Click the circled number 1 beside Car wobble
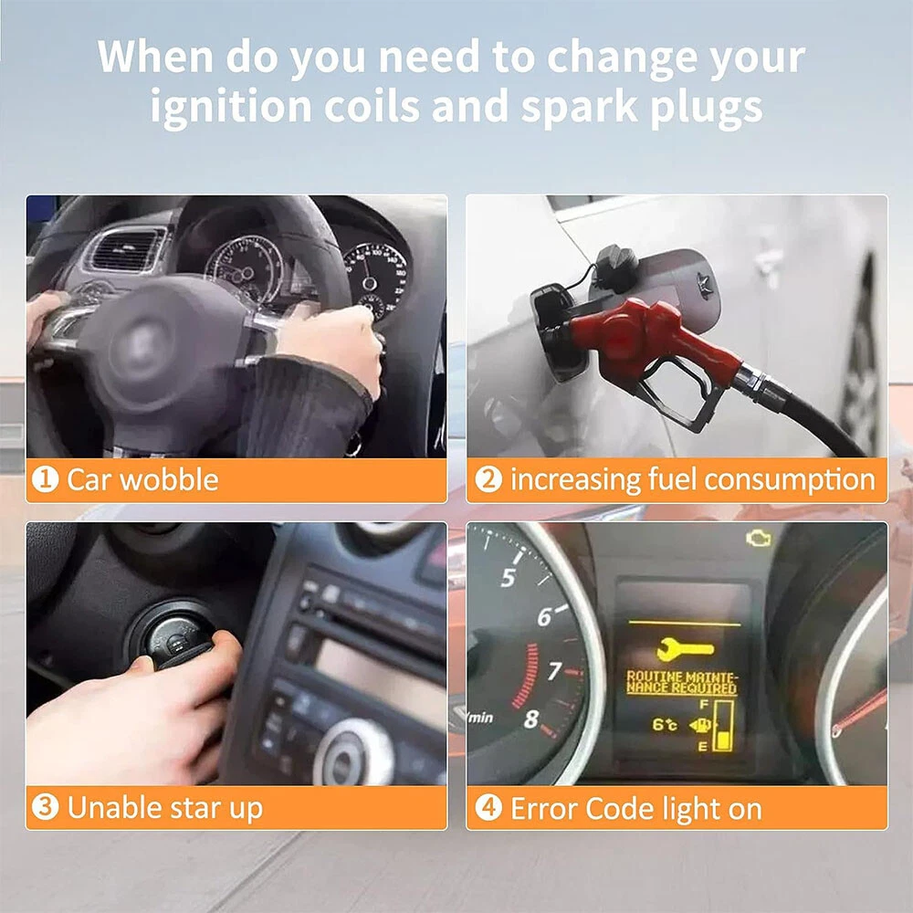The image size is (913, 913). pyautogui.click(x=46, y=479)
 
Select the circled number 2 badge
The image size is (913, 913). pyautogui.click(x=488, y=479)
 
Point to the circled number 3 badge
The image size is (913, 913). pyautogui.click(x=46, y=807)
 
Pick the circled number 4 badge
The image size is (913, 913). pyautogui.click(x=488, y=808)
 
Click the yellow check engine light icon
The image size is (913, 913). pyautogui.click(x=759, y=539)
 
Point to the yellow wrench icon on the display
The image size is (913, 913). pyautogui.click(x=685, y=648)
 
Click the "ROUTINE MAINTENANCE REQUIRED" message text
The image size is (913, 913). pyautogui.click(x=682, y=682)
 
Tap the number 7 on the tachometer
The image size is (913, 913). pyautogui.click(x=554, y=671)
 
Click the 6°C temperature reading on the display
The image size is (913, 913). pyautogui.click(x=665, y=724)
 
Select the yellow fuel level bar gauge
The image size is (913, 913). pyautogui.click(x=723, y=726)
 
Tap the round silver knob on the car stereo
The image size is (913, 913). pyautogui.click(x=352, y=753)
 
